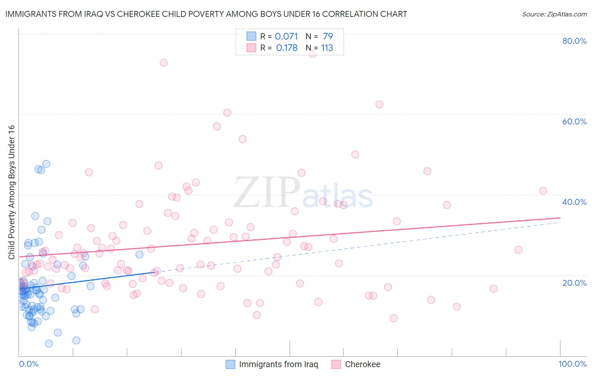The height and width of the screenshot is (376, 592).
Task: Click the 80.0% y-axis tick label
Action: [x=574, y=41]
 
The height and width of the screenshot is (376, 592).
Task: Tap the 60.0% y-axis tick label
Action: [x=574, y=121]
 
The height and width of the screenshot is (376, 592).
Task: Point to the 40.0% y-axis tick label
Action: [x=574, y=202]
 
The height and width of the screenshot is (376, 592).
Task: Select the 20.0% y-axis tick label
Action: [x=574, y=282]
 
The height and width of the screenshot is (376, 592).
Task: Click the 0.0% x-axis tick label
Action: [x=29, y=364]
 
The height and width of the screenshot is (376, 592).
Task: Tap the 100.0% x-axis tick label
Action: [x=572, y=364]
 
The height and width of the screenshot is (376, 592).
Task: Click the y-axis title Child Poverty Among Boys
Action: [x=11, y=192]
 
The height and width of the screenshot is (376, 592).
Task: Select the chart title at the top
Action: [x=206, y=14]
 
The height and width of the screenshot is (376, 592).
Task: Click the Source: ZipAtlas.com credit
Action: [x=554, y=14]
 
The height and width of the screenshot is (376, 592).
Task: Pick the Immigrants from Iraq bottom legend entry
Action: [x=278, y=364]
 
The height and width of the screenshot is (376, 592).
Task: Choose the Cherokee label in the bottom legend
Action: [x=362, y=364]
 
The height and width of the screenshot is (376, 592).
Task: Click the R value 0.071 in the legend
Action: [x=286, y=36]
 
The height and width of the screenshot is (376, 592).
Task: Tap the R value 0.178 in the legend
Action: [x=287, y=48]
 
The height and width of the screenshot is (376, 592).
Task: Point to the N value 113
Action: [x=327, y=48]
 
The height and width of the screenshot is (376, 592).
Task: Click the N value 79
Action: [x=328, y=36]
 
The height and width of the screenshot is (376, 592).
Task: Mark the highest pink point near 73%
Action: [x=163, y=62]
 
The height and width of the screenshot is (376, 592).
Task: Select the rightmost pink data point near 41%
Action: [x=543, y=191]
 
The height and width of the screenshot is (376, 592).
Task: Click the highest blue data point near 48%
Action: [x=46, y=164]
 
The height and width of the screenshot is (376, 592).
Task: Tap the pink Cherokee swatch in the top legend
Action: [x=251, y=48]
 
